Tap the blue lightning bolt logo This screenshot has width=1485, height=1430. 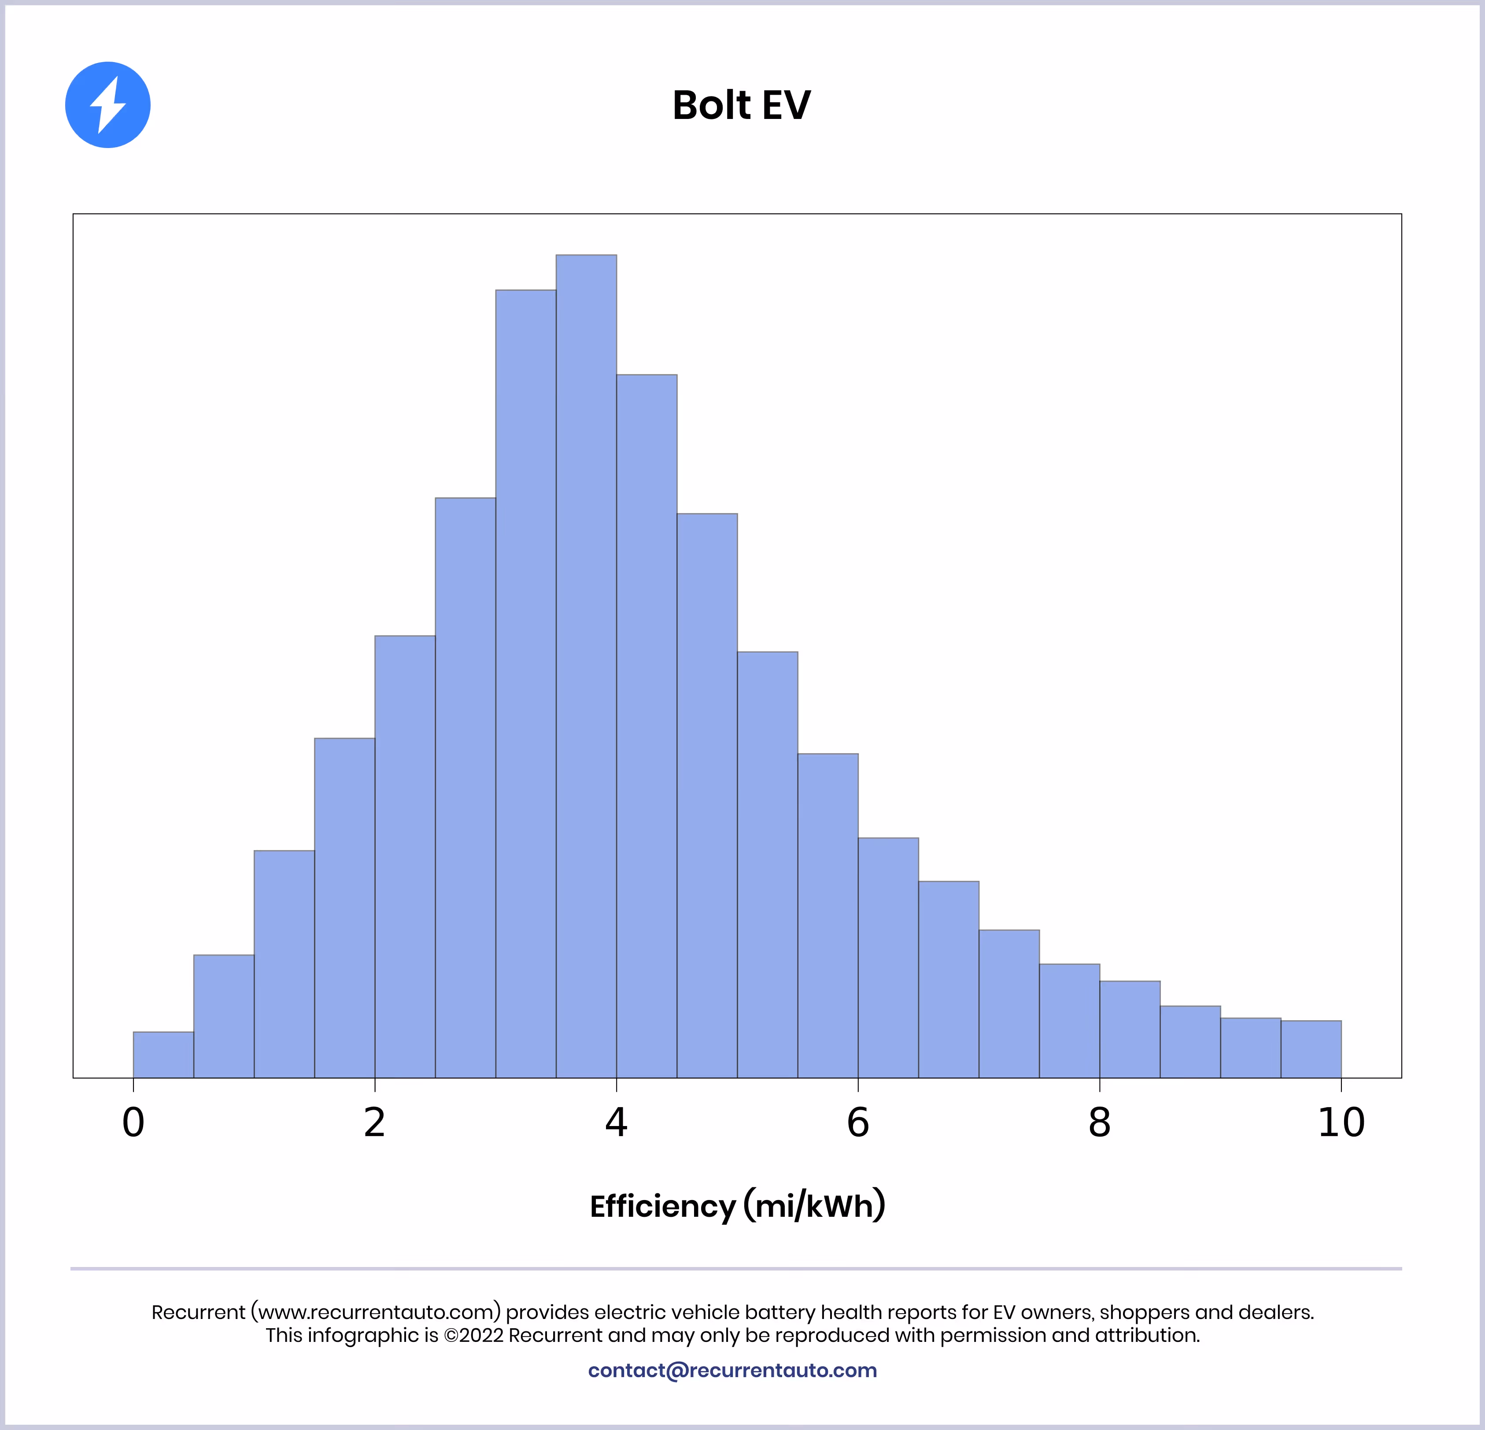[107, 104]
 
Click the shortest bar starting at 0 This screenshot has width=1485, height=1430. [163, 1055]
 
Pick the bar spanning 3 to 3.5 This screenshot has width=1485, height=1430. [526, 682]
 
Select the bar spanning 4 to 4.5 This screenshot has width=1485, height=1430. [646, 726]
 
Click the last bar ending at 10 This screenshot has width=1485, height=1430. [1311, 1049]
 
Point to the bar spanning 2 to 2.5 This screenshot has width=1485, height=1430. [405, 856]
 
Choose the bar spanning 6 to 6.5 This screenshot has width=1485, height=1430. [888, 957]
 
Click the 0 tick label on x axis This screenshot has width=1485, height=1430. [133, 1123]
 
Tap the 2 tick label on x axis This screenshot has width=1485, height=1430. [374, 1123]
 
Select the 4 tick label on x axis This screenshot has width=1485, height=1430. [616, 1123]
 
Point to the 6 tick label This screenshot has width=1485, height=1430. [858, 1123]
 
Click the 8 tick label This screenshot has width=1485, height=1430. [1099, 1123]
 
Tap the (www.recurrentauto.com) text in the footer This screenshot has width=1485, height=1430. [376, 1312]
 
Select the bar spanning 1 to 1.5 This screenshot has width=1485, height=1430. [284, 964]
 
